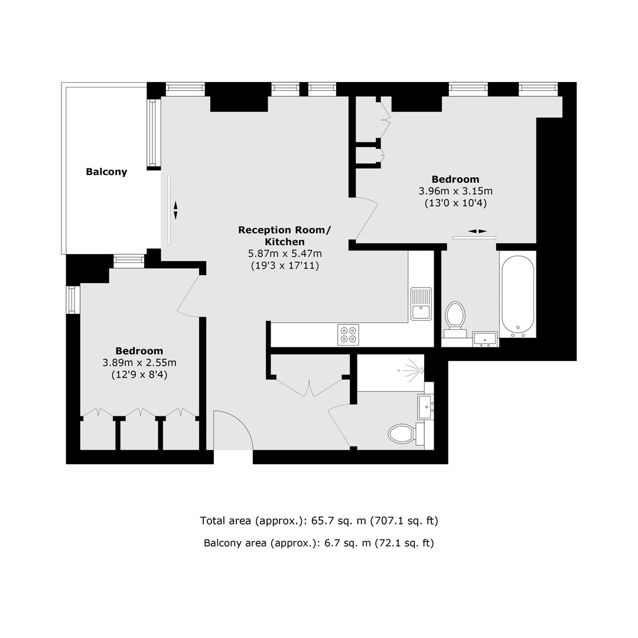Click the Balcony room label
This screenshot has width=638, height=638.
106,172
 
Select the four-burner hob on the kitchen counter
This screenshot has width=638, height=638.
349,334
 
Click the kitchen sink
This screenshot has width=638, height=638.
421,304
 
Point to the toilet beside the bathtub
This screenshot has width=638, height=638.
455,319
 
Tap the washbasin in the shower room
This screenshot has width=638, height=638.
426,406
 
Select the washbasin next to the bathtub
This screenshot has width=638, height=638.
485,339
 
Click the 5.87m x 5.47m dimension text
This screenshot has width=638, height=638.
285,253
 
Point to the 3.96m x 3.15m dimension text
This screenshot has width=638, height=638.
455,191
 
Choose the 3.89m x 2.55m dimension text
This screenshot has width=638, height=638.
139,363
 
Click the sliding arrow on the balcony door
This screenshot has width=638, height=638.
175,210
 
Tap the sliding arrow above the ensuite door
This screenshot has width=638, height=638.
477,231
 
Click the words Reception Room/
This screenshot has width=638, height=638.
284,230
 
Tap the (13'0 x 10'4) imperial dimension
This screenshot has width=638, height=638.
455,203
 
